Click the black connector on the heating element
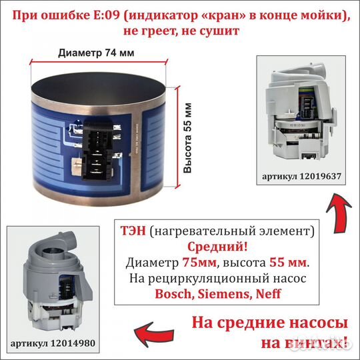(x=98, y=147)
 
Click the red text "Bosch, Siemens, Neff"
(x=217, y=293)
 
